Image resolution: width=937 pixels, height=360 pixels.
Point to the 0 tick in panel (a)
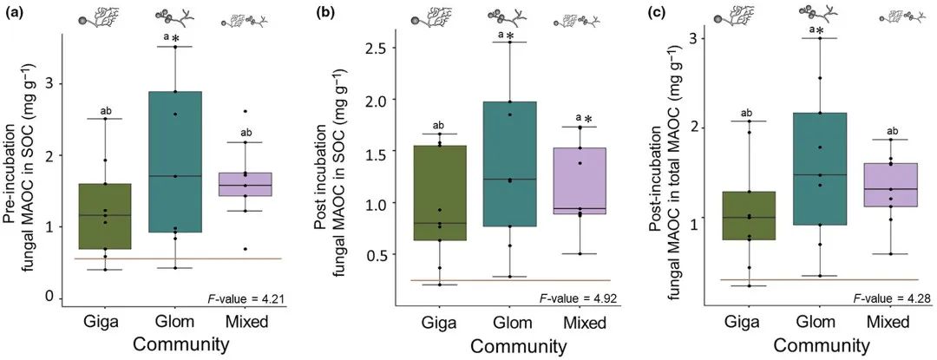point(52,298)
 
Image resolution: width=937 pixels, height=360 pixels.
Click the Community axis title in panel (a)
point(174,344)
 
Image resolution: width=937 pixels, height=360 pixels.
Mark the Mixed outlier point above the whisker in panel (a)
point(245,111)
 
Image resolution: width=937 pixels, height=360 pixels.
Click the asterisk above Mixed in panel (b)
point(587,120)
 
